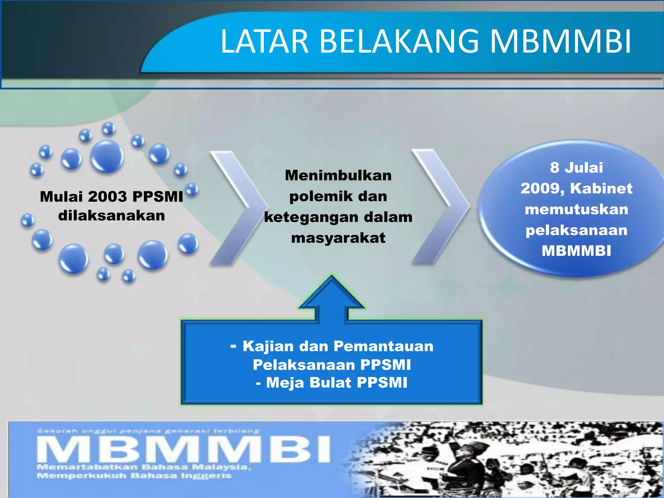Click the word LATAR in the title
click(264, 41)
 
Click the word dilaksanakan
click(112, 216)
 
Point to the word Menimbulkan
click(338, 175)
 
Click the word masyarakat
click(338, 238)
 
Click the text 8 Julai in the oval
click(576, 168)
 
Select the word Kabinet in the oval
click(601, 188)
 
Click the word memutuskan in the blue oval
click(576, 209)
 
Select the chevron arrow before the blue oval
click(440, 207)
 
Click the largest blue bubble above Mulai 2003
click(107, 156)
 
